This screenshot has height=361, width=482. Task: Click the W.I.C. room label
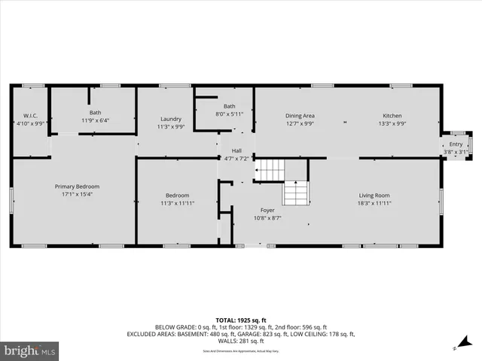(29, 116)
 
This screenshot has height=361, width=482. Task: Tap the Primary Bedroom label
(77, 186)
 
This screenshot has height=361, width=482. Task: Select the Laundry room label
(170, 119)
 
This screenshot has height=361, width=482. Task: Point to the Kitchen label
(392, 115)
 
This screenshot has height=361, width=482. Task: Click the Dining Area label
(299, 115)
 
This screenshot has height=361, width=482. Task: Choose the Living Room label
(374, 196)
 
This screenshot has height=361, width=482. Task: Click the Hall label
(236, 150)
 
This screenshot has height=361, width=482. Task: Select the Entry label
(456, 144)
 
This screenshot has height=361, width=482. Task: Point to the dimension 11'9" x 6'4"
(96, 120)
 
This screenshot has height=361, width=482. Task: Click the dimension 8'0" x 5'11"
(229, 114)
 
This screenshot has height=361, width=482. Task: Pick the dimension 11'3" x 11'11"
(178, 203)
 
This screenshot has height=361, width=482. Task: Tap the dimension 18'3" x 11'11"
(374, 203)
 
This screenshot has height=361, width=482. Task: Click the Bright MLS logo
(30, 350)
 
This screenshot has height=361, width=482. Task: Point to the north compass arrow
(455, 348)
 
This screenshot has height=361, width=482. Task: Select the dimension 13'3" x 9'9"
(392, 123)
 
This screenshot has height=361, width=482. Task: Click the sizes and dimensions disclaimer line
(240, 351)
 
